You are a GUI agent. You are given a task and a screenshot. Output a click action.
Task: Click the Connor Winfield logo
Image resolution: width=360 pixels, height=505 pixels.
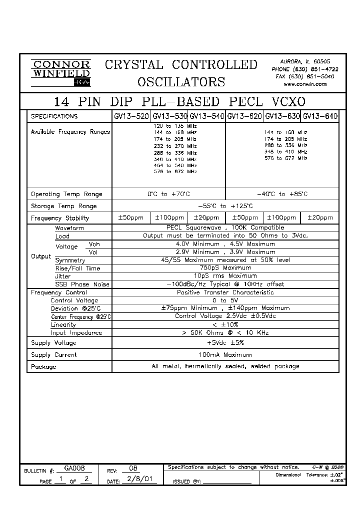60,73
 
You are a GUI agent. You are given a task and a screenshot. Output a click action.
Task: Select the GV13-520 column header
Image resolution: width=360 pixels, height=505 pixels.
131,116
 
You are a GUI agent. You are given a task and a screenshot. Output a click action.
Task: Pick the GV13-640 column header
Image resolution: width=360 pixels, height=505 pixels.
320,116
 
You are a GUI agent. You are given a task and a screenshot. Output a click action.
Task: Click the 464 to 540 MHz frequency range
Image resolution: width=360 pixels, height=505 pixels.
175,165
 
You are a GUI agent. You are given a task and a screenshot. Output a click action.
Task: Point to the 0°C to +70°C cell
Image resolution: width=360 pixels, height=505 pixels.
169,194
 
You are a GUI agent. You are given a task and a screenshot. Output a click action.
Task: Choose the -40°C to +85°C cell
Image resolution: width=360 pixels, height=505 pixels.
282,194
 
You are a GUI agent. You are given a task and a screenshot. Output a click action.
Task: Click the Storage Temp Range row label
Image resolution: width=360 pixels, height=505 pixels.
63,206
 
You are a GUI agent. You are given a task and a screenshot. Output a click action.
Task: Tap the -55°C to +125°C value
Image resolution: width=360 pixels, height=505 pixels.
225,206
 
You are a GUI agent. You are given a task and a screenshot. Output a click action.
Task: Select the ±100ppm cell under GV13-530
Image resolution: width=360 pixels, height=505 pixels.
169,218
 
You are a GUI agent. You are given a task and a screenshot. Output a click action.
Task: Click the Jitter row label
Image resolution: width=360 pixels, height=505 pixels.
62,276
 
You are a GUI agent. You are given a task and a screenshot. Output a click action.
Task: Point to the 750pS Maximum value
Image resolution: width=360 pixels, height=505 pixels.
225,268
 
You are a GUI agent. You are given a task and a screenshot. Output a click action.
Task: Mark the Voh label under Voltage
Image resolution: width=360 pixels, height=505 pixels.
94,245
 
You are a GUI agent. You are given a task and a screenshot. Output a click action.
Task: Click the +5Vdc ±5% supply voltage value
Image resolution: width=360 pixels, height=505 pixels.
225,343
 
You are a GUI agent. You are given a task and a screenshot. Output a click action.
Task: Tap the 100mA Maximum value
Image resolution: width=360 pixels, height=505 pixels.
225,355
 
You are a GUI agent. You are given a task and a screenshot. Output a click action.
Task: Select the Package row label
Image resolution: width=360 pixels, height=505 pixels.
43,367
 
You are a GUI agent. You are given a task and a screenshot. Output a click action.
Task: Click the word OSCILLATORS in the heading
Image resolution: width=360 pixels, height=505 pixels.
181,82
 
